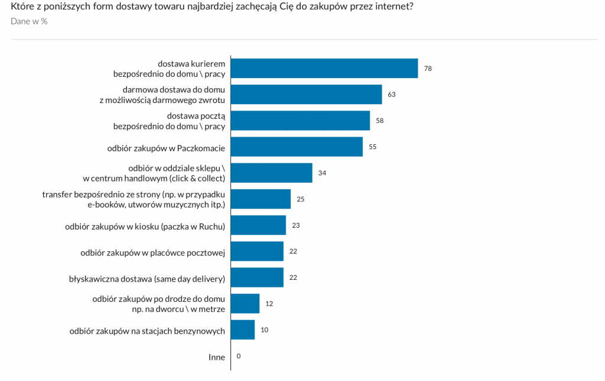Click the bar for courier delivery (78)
pyautogui.click(x=324, y=69)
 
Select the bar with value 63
pyautogui.click(x=306, y=95)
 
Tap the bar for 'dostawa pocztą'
pyautogui.click(x=300, y=121)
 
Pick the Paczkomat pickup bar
pyautogui.click(x=297, y=147)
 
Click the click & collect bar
pyautogui.click(x=271, y=173)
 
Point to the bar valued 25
pyautogui.click(x=261, y=199)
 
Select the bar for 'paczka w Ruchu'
pyautogui.click(x=258, y=225)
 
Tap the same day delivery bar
pyautogui.click(x=257, y=277)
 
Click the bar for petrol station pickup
pyautogui.click(x=243, y=330)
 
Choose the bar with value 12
pyautogui.click(x=245, y=303)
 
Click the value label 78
pyautogui.click(x=428, y=69)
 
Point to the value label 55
pyautogui.click(x=372, y=147)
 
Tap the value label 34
pyautogui.click(x=322, y=173)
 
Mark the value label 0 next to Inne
pyautogui.click(x=238, y=356)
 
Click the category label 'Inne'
pyautogui.click(x=216, y=357)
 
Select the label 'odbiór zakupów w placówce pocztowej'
pyautogui.click(x=152, y=253)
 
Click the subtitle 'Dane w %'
pyautogui.click(x=29, y=21)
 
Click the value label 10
pyautogui.click(x=264, y=330)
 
